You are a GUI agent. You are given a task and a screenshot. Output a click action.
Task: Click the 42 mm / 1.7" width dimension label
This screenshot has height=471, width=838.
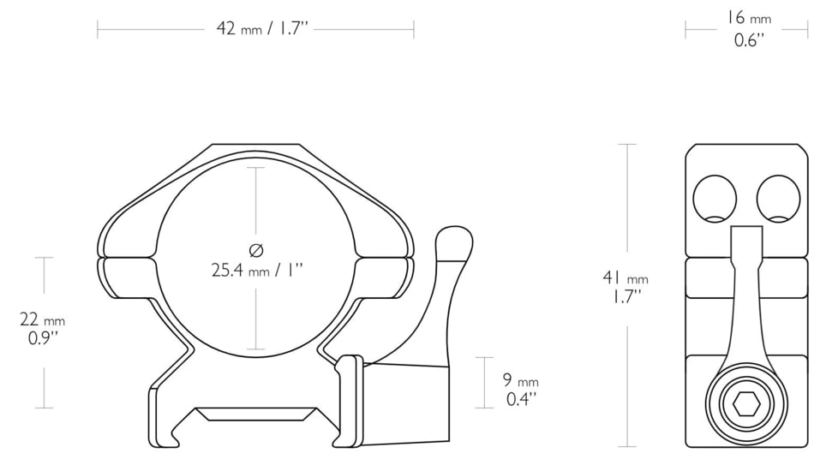(x=261, y=29)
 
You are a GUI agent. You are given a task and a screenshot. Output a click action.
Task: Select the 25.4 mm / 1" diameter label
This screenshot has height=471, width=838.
(x=257, y=271)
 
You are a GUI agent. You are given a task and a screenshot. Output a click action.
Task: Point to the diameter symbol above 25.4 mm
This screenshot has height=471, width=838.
(x=255, y=250)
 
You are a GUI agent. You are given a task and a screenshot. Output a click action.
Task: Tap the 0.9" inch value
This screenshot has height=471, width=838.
(x=43, y=338)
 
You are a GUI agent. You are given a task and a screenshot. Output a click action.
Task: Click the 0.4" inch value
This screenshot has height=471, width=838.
(x=521, y=400)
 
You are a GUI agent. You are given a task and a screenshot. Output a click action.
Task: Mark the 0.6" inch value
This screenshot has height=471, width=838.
(x=749, y=40)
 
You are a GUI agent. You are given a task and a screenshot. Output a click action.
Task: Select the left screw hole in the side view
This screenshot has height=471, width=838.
(x=715, y=199)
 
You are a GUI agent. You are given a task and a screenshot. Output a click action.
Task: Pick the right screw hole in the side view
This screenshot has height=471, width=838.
(x=778, y=199)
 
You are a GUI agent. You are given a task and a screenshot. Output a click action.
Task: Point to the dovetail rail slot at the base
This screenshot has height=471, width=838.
(x=254, y=414)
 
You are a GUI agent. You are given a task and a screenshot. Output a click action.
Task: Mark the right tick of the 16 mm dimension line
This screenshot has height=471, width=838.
(x=807, y=30)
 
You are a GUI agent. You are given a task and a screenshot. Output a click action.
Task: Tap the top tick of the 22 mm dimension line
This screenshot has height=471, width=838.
(x=44, y=257)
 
